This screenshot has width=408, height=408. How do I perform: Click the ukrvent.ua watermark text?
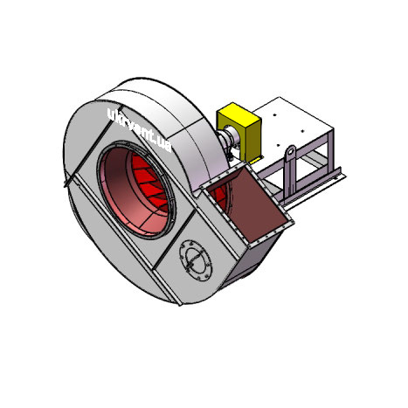pyautogui.click(x=139, y=130)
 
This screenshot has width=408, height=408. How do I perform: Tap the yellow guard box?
pyautogui.click(x=239, y=130)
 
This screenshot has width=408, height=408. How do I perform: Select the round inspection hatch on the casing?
pyautogui.click(x=196, y=259)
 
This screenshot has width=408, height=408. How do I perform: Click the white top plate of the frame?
pyautogui.click(x=291, y=122)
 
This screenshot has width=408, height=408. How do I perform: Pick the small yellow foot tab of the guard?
pyautogui.click(x=256, y=160)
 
